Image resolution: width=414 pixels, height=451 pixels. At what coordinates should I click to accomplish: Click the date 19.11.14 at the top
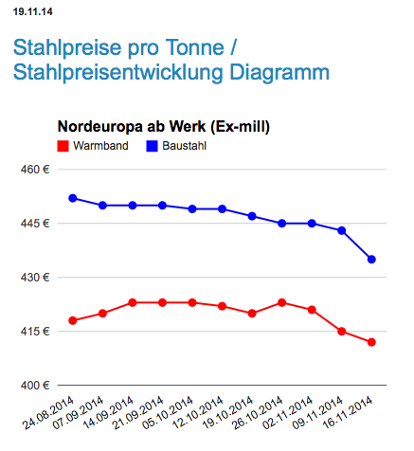pyautogui.click(x=33, y=12)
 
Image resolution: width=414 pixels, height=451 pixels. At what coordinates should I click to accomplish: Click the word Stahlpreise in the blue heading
pyautogui.click(x=67, y=48)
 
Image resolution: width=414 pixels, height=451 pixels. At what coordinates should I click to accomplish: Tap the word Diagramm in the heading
pyautogui.click(x=279, y=73)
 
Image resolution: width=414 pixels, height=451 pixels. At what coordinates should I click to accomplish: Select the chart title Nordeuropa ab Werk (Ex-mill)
pyautogui.click(x=164, y=127)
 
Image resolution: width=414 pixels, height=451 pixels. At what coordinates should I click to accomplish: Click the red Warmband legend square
pyautogui.click(x=63, y=146)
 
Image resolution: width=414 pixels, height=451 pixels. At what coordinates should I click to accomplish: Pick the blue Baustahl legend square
pyautogui.click(x=152, y=146)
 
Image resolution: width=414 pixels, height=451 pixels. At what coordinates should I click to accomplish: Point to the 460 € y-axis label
pyautogui.click(x=35, y=170)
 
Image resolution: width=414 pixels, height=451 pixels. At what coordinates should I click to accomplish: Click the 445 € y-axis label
pyautogui.click(x=35, y=224)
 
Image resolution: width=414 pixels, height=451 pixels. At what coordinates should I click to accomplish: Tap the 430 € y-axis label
pyautogui.click(x=35, y=278)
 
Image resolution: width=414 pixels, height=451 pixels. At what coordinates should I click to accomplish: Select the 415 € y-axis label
pyautogui.click(x=35, y=332)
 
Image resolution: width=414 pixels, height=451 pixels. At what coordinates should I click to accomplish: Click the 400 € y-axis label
pyautogui.click(x=35, y=386)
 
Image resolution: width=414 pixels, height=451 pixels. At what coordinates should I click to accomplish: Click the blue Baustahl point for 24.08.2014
pyautogui.click(x=73, y=198)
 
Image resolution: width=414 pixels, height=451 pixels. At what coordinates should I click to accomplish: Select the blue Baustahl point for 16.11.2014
pyautogui.click(x=371, y=260)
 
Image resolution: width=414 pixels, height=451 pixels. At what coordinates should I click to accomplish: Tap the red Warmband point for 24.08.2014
pyautogui.click(x=73, y=320)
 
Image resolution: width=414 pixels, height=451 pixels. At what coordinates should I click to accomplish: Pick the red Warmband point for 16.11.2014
pyautogui.click(x=371, y=342)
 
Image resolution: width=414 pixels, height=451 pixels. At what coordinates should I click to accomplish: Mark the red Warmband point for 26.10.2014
pyautogui.click(x=282, y=302)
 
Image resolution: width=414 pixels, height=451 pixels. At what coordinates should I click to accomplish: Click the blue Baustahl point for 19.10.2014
pyautogui.click(x=252, y=216)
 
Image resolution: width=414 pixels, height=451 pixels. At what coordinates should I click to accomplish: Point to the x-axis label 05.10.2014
pyautogui.click(x=168, y=413)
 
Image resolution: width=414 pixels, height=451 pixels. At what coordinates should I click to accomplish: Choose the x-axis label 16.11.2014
pyautogui.click(x=348, y=413)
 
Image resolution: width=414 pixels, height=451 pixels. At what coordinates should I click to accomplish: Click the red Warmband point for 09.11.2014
pyautogui.click(x=342, y=332)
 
